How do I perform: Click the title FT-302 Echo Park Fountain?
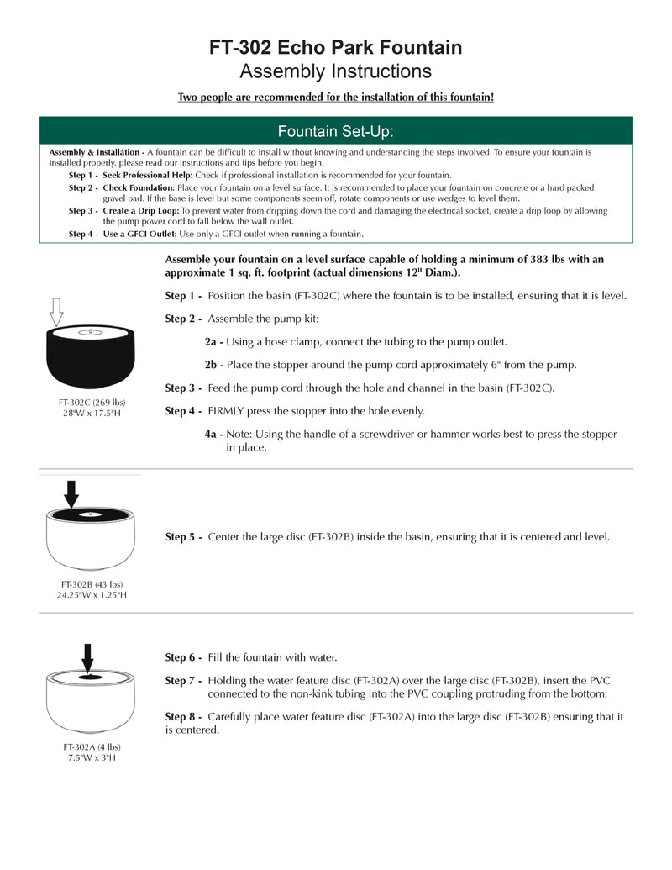[x=335, y=48]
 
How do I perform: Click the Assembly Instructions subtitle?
[x=335, y=71]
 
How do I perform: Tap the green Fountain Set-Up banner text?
[x=335, y=132]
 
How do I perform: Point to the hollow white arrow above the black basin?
[x=56, y=312]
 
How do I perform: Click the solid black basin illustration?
[x=92, y=355]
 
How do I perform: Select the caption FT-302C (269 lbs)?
[x=92, y=402]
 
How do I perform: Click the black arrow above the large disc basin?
[x=71, y=493]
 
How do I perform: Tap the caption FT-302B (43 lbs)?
[x=92, y=584]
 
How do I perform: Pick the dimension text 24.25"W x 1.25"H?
[x=92, y=595]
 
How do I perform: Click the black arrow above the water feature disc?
[x=87, y=657]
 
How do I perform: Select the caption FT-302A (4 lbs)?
[x=92, y=746]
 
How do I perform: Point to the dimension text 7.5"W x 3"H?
[x=92, y=757]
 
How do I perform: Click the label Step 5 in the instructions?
[x=183, y=536]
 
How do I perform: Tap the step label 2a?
[x=213, y=342]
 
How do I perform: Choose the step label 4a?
[x=213, y=435]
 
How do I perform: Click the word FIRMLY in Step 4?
[x=228, y=411]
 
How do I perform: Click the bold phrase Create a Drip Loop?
[x=140, y=210]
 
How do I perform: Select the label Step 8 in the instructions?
[x=183, y=717]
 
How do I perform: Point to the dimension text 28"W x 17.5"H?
[x=92, y=413]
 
